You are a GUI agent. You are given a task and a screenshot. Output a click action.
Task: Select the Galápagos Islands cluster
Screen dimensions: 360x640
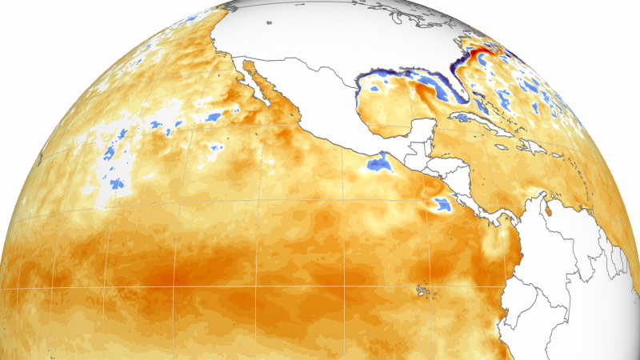[x=422, y=290]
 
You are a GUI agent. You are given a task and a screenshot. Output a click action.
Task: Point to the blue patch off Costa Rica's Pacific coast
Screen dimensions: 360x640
[x=439, y=205]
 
